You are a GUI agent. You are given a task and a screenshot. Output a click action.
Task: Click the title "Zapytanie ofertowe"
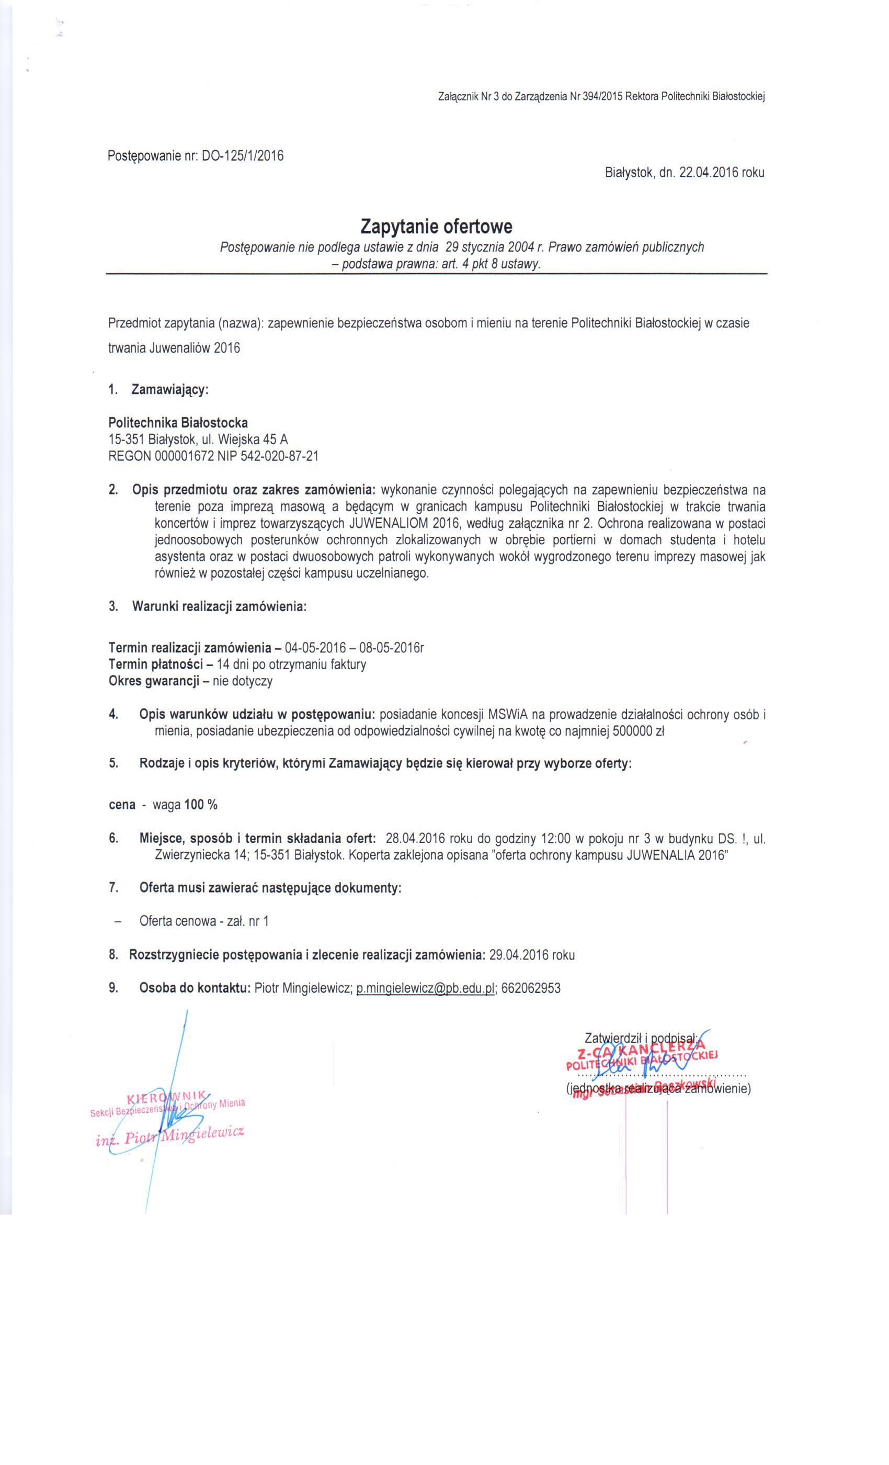coord(436,227)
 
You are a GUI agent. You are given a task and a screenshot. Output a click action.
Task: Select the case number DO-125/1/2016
coord(243,156)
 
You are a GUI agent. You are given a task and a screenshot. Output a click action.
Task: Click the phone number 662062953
coord(531,988)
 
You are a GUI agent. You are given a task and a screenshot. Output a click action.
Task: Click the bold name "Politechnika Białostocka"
coord(178,423)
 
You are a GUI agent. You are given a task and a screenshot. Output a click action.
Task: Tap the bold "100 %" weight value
coord(201,805)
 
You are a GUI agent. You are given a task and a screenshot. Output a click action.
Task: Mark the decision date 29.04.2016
coord(514,955)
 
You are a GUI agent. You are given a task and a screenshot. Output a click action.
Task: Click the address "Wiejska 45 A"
coord(253,439)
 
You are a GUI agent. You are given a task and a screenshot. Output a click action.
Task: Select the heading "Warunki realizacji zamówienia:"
coord(219,607)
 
